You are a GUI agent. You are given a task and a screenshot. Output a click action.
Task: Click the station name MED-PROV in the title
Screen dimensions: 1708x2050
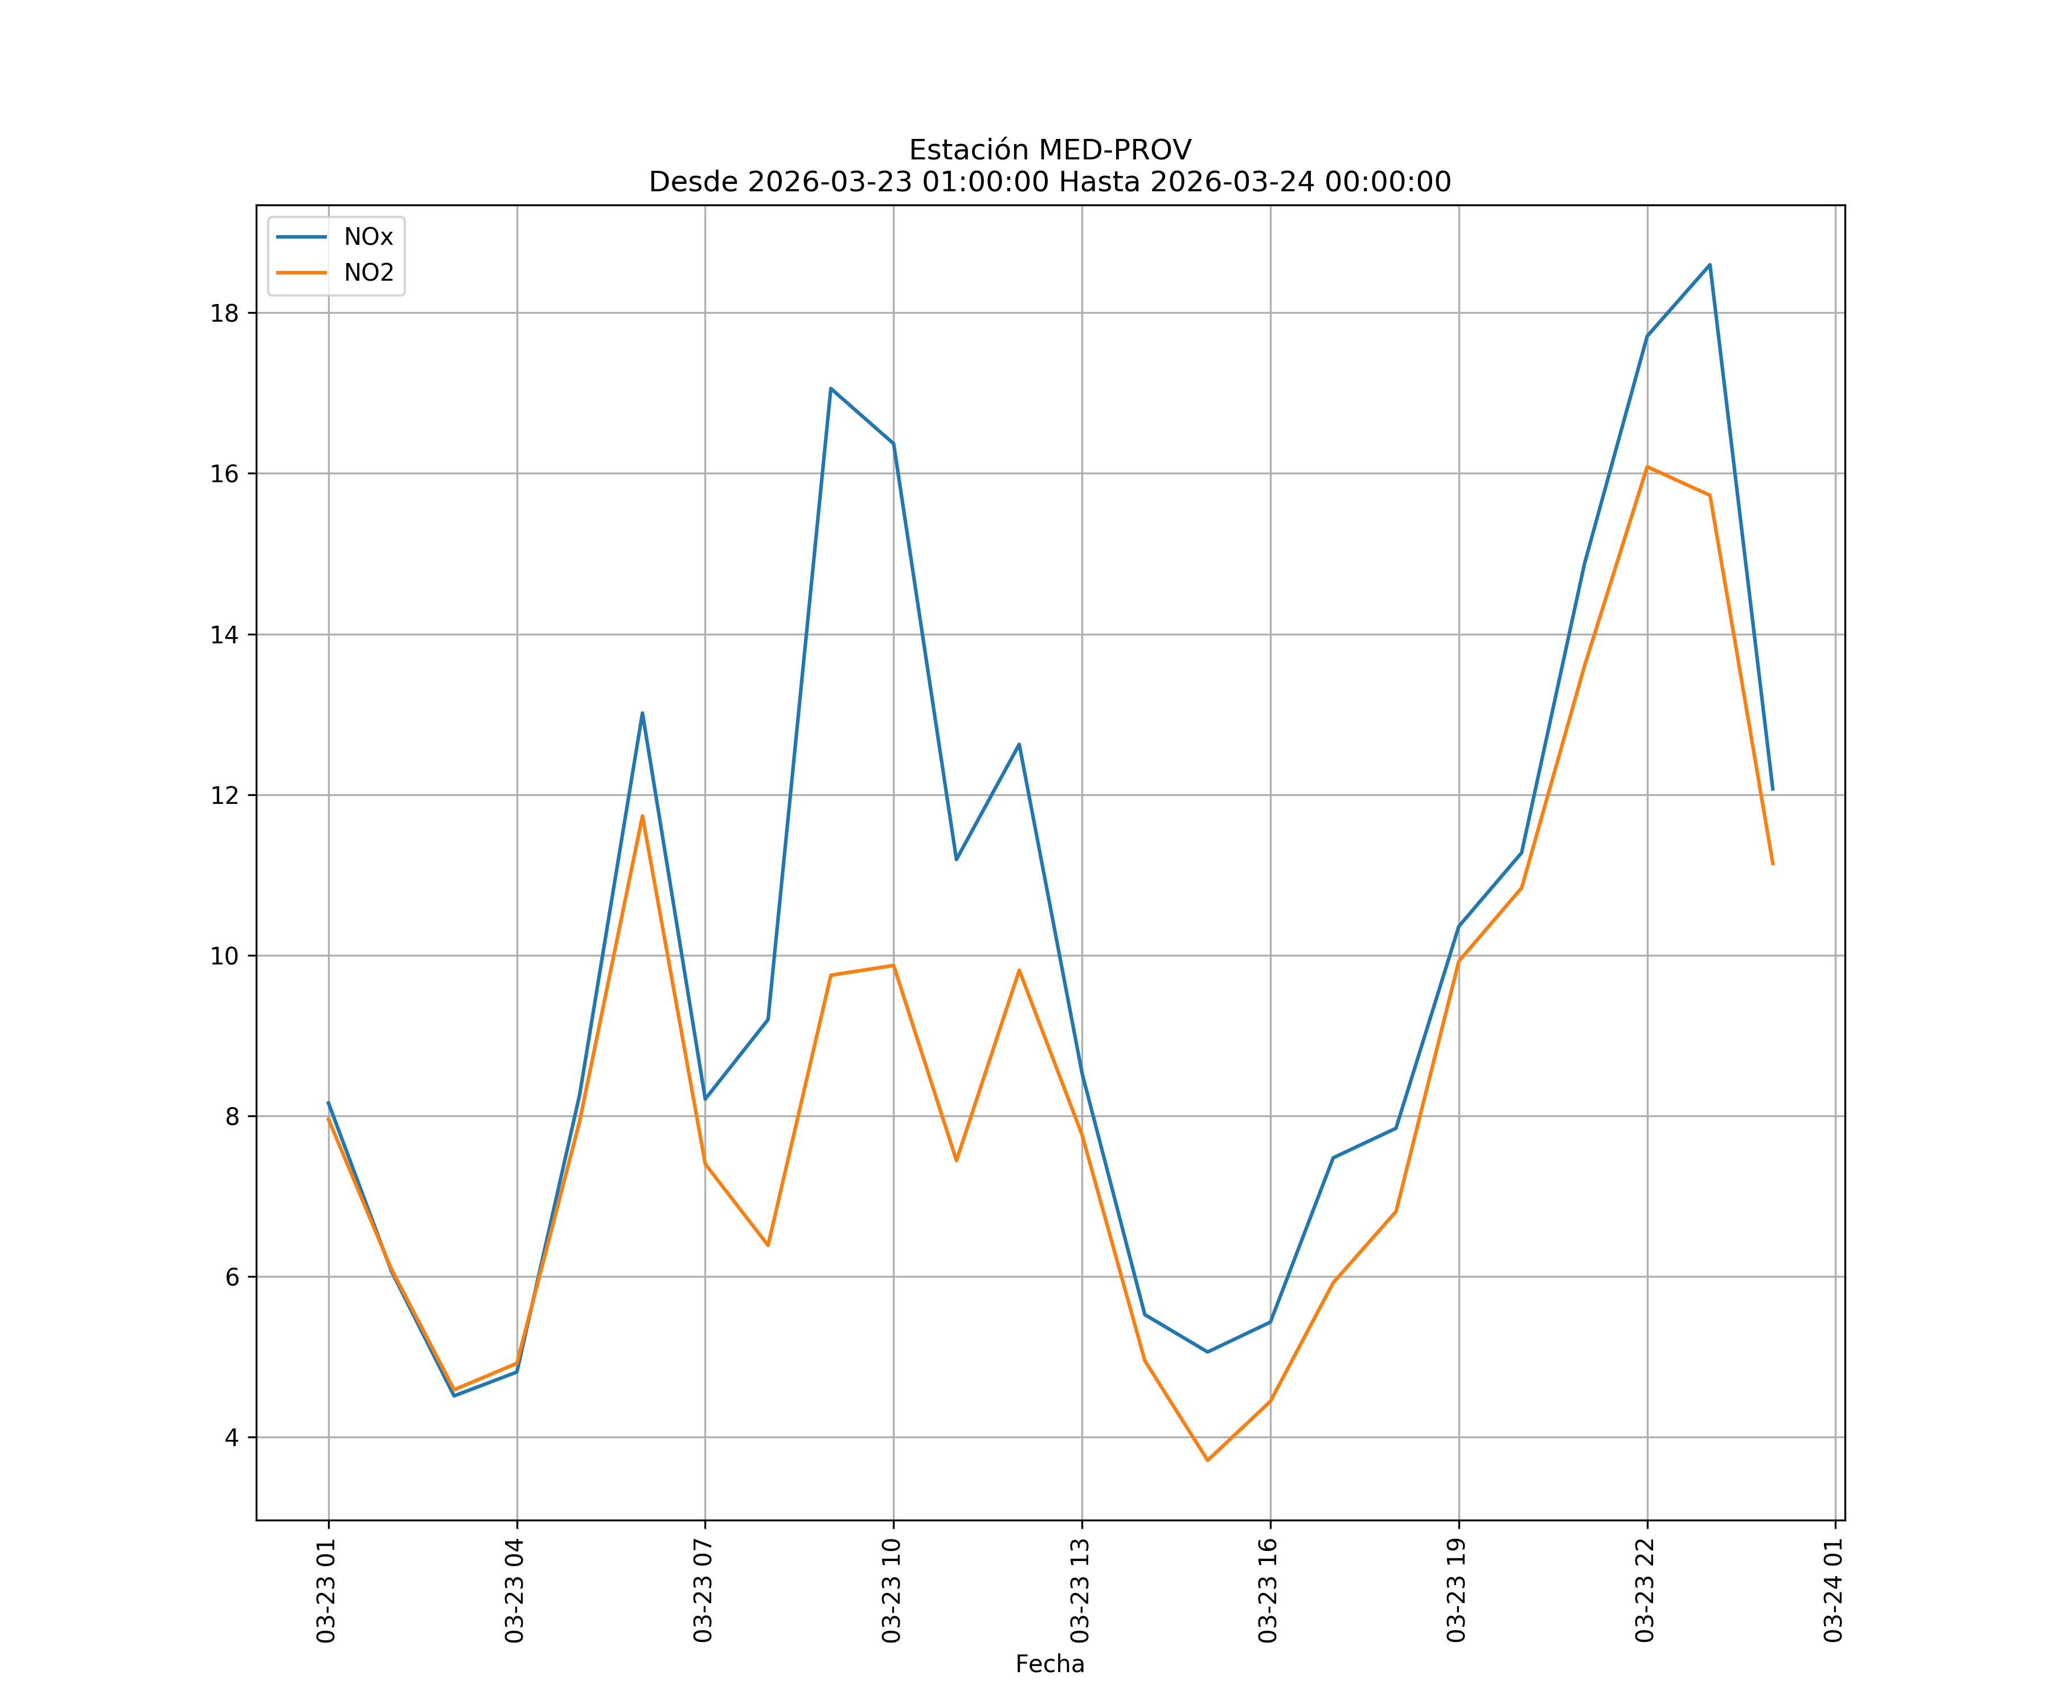pyautogui.click(x=1114, y=150)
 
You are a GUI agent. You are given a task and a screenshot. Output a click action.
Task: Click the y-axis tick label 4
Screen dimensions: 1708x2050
pyautogui.click(x=231, y=1438)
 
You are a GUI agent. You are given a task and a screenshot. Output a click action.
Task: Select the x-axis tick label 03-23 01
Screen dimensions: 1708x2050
pyautogui.click(x=326, y=1591)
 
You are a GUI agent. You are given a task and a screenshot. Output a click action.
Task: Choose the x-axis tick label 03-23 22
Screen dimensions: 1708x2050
pyautogui.click(x=1645, y=1591)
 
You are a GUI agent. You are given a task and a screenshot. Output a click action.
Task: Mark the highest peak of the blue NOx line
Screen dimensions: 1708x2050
pyautogui.click(x=1709, y=265)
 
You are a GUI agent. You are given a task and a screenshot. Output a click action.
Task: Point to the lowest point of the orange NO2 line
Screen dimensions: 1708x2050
pyautogui.click(x=1208, y=1460)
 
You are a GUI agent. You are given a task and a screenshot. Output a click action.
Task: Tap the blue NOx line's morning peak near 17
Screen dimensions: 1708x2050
pyautogui.click(x=831, y=388)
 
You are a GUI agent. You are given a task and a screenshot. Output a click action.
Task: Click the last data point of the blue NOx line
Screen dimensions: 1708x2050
pyautogui.click(x=1772, y=790)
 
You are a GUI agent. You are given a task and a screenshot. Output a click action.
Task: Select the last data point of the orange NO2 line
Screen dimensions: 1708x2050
pyautogui.click(x=1772, y=864)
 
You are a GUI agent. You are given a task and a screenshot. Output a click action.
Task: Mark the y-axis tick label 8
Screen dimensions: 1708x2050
pyautogui.click(x=231, y=1116)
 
